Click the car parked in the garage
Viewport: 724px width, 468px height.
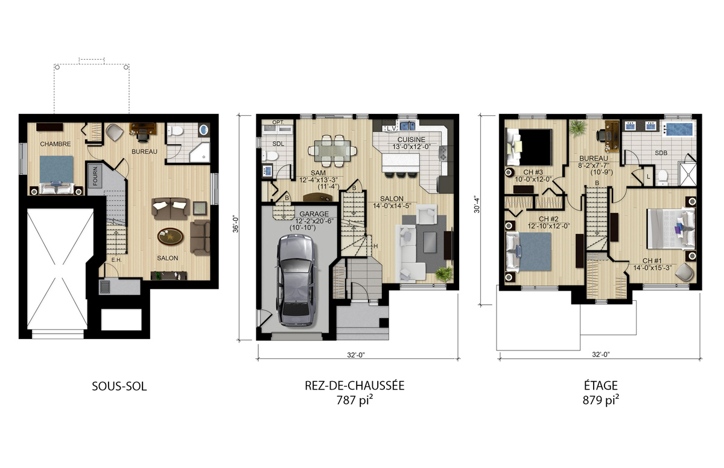pyautogui.click(x=296, y=280)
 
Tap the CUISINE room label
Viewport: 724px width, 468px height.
pyautogui.click(x=411, y=139)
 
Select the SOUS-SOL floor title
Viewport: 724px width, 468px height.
pyautogui.click(x=119, y=387)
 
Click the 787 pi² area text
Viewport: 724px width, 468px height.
pyautogui.click(x=355, y=400)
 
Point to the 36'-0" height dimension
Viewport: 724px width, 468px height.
pyautogui.click(x=236, y=224)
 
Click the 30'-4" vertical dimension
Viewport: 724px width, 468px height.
pyautogui.click(x=477, y=205)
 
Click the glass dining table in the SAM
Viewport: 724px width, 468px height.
pyautogui.click(x=332, y=151)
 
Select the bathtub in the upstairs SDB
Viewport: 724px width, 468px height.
pyautogui.click(x=678, y=129)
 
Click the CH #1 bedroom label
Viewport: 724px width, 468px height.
pyautogui.click(x=652, y=261)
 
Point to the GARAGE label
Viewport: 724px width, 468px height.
pyautogui.click(x=314, y=214)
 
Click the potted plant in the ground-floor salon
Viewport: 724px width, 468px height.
pyautogui.click(x=443, y=274)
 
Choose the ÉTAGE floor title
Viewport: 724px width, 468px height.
pyautogui.click(x=601, y=385)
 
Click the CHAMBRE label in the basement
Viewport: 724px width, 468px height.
pyautogui.click(x=56, y=144)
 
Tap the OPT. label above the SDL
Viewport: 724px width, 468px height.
pyautogui.click(x=278, y=122)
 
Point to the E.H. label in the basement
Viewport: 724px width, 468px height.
pyautogui.click(x=116, y=260)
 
